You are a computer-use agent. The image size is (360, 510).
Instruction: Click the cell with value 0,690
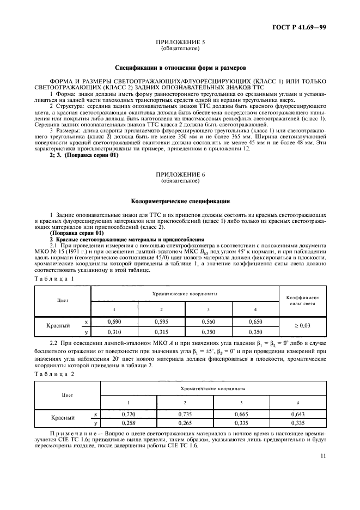115,323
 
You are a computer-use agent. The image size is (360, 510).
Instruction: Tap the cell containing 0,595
162,323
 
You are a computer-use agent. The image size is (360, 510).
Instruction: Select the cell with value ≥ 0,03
301,327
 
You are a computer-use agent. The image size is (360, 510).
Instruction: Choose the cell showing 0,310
115,331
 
